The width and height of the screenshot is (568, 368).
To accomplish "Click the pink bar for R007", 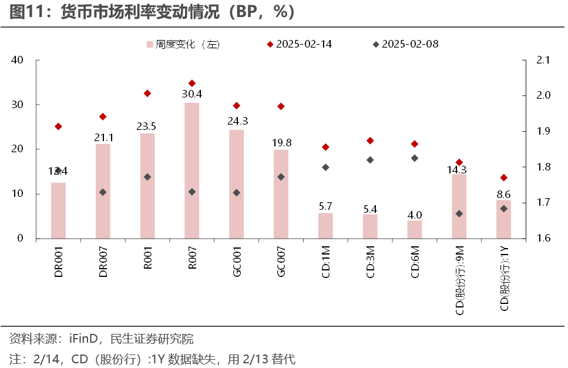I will [191, 170].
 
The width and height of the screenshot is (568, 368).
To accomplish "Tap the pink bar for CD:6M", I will [415, 229].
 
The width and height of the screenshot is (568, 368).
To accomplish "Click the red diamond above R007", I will [191, 83].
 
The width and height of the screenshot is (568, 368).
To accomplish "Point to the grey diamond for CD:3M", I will [370, 160].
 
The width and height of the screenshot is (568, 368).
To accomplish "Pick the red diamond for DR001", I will [58, 126].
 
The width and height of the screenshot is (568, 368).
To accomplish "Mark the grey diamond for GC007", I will [281, 176].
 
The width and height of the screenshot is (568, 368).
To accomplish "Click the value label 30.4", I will [191, 94].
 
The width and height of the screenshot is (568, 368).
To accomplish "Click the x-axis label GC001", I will [237, 262].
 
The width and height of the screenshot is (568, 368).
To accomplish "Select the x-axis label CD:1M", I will [325, 262].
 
